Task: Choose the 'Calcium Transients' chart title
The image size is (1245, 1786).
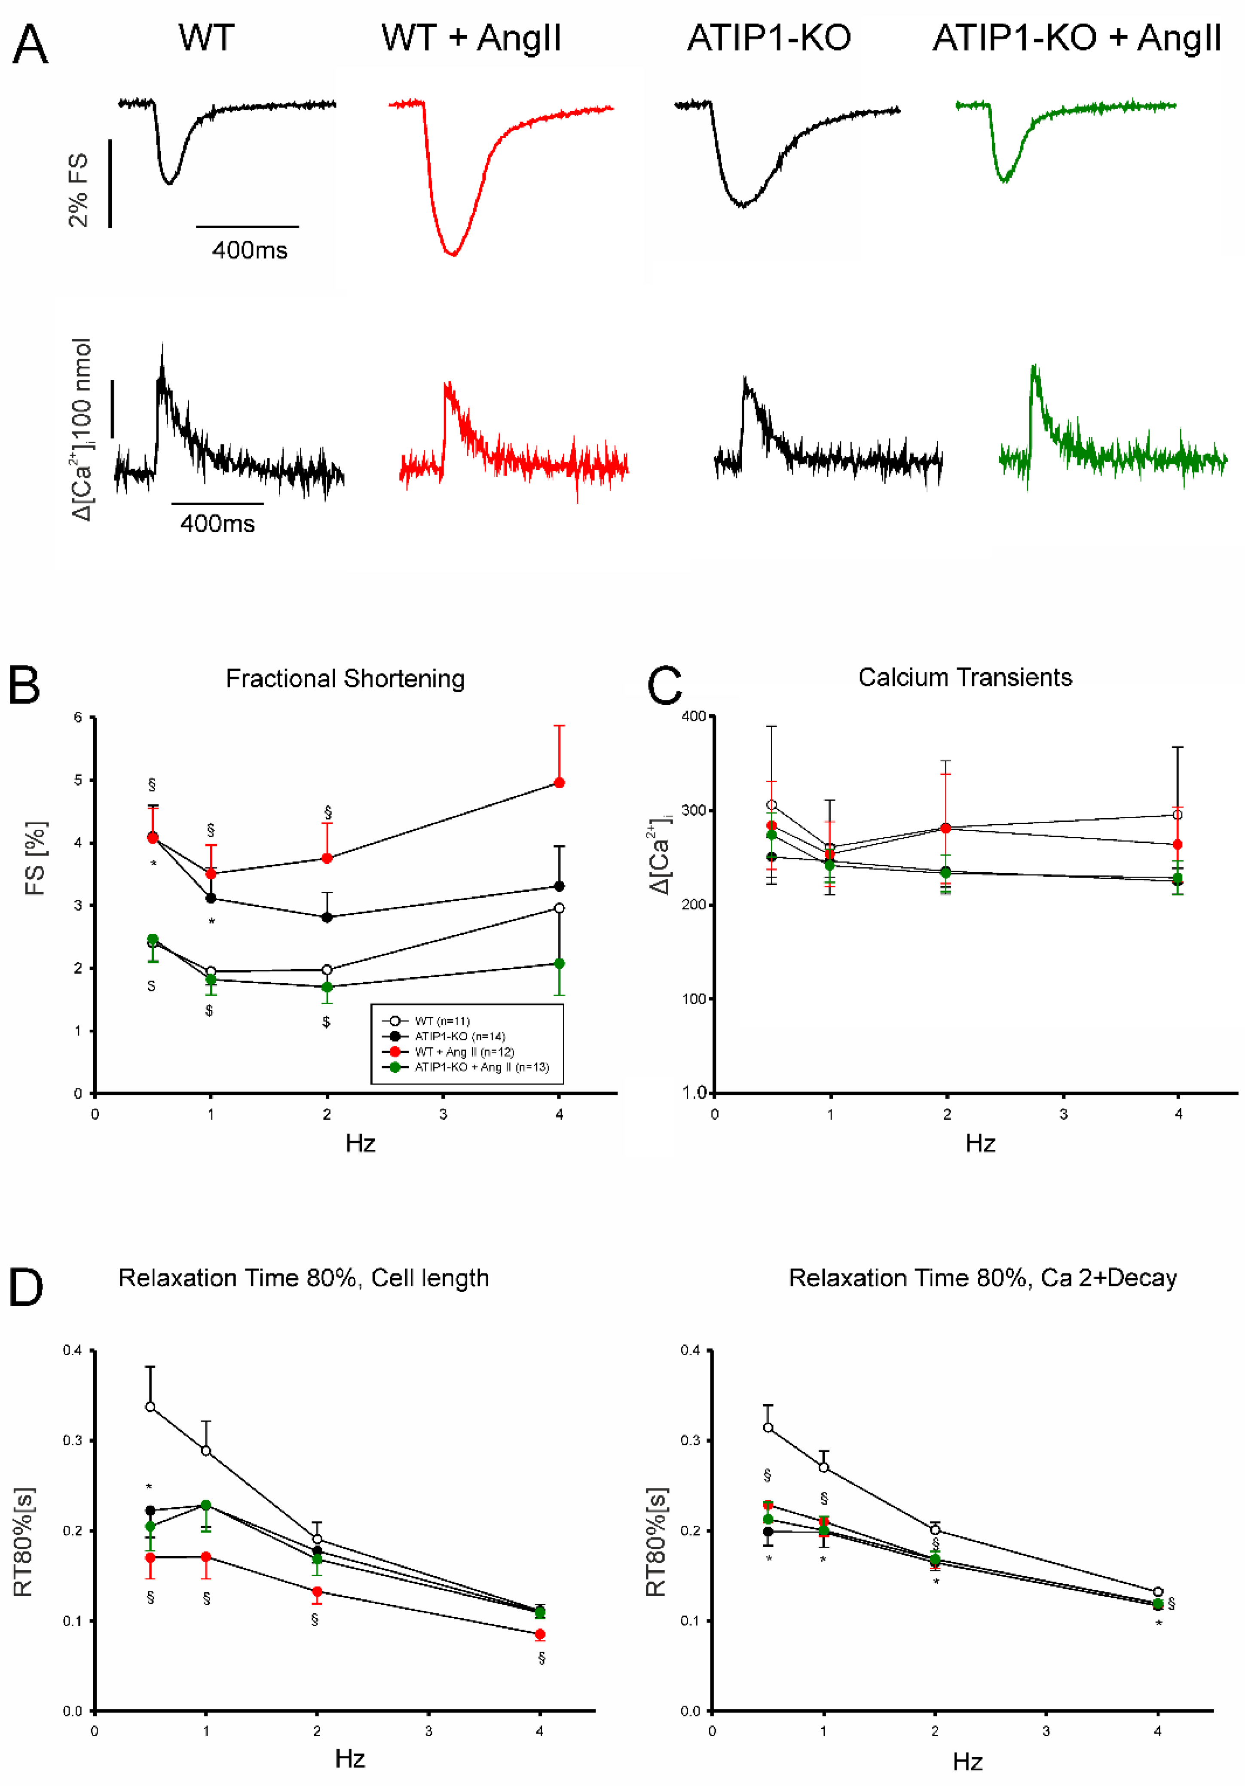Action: click(x=965, y=677)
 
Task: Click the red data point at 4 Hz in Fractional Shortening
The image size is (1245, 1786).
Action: click(x=559, y=783)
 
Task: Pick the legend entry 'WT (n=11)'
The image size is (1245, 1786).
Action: click(x=442, y=1021)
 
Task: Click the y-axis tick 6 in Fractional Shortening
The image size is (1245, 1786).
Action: click(x=78, y=717)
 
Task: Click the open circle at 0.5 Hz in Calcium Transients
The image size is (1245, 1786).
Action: click(x=771, y=805)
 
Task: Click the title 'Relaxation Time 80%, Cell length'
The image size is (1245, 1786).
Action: click(x=303, y=1278)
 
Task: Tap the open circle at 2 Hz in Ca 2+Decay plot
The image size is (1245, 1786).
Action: click(x=935, y=1529)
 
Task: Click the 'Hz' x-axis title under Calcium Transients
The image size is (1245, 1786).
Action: click(x=980, y=1143)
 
